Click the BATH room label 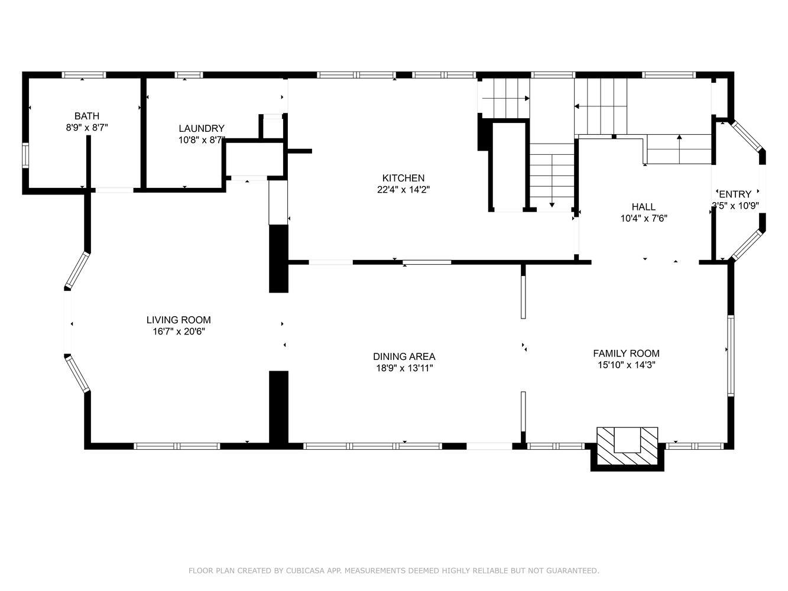(x=87, y=116)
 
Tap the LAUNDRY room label (x=202, y=128)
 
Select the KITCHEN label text (x=403, y=178)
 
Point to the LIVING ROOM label (x=179, y=320)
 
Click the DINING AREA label (x=404, y=356)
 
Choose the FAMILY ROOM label (x=626, y=353)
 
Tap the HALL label (x=644, y=207)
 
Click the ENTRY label (x=735, y=194)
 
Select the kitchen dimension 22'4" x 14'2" (x=403, y=190)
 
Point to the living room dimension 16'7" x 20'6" (x=179, y=331)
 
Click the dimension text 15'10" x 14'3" (x=627, y=365)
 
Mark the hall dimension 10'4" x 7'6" (x=644, y=218)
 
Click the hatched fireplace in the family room (x=627, y=446)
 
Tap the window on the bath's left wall (x=25, y=155)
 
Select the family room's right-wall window (x=731, y=356)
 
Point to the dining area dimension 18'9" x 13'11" (x=404, y=368)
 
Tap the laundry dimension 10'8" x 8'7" (x=202, y=139)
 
